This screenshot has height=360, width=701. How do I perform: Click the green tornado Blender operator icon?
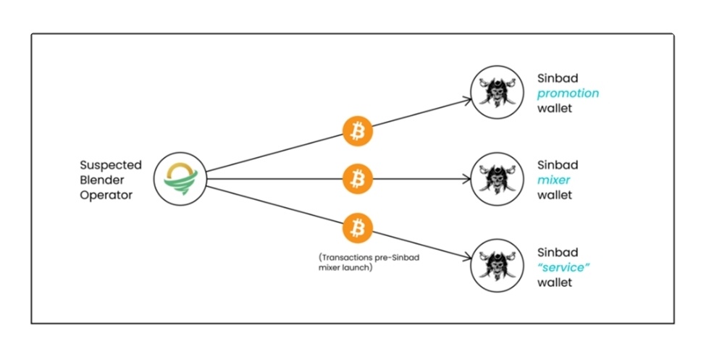[180, 179]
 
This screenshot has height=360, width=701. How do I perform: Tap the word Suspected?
[110, 165]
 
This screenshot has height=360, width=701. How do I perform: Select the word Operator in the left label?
[106, 196]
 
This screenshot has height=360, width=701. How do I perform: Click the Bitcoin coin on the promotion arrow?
[357, 131]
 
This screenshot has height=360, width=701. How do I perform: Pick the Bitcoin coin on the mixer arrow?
[357, 179]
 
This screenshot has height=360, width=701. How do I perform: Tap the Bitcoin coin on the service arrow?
[357, 228]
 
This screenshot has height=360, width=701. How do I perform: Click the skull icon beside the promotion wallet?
[497, 92]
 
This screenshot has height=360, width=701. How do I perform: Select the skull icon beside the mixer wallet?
[497, 179]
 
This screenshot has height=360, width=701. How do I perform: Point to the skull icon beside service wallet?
[497, 266]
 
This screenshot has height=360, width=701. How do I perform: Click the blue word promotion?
[568, 93]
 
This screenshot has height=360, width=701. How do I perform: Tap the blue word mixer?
[553, 180]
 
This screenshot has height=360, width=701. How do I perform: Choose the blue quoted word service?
[563, 267]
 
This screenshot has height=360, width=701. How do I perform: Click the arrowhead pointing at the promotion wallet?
[468, 100]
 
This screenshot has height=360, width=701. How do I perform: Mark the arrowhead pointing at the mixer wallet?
[467, 179]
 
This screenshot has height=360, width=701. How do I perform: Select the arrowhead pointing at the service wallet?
[468, 258]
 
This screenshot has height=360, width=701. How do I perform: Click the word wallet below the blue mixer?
[555, 196]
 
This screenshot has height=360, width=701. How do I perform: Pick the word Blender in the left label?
[102, 180]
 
